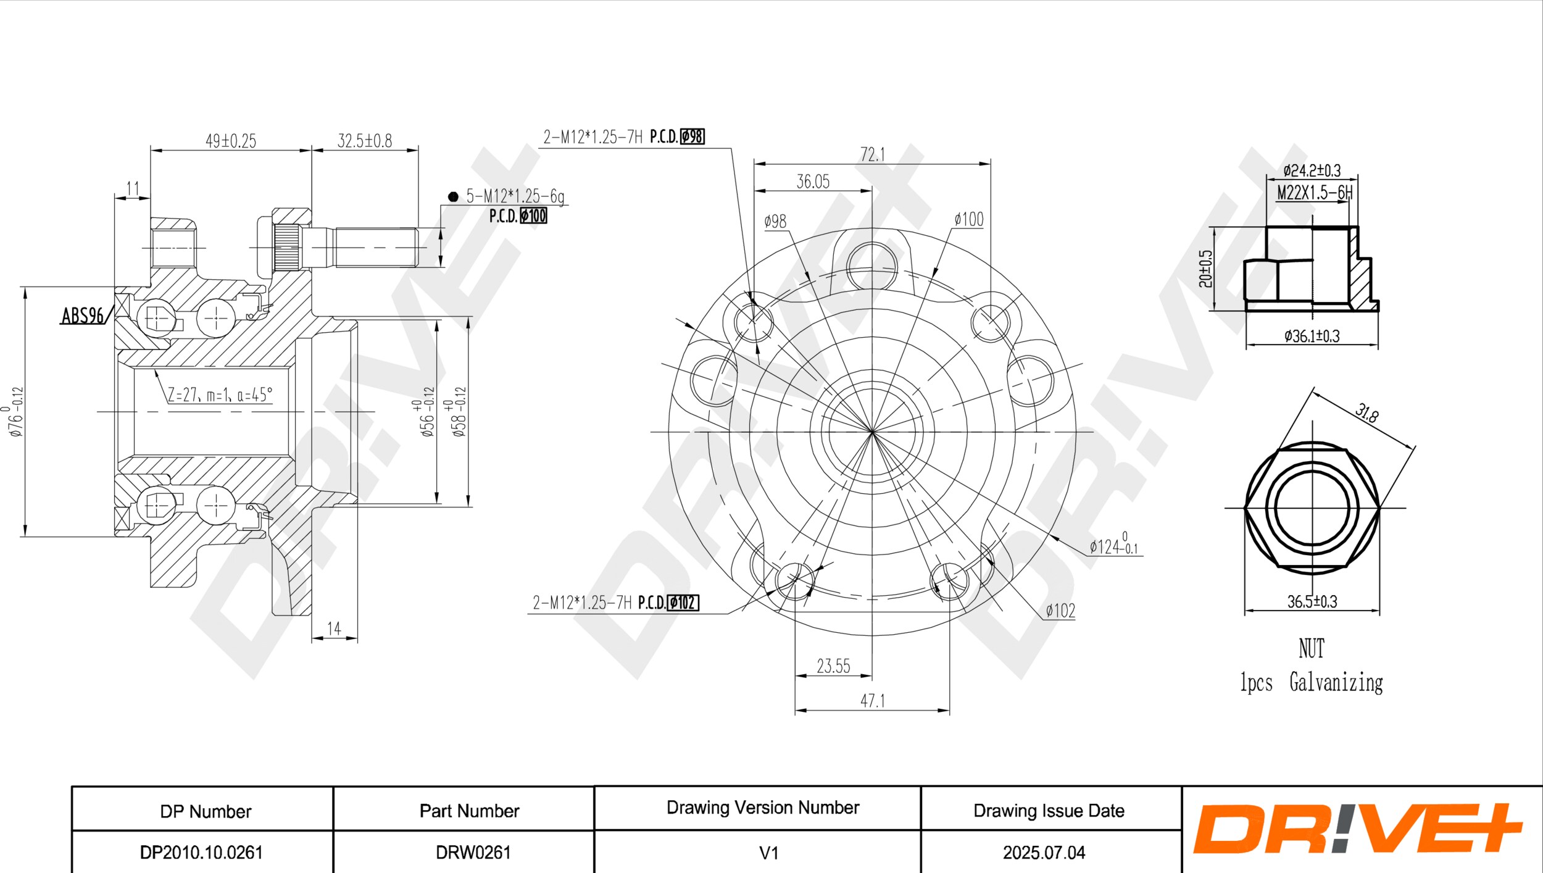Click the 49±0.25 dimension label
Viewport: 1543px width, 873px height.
pos(231,141)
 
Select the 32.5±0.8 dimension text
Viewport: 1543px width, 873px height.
pos(364,141)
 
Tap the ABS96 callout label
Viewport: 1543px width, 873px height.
pos(83,315)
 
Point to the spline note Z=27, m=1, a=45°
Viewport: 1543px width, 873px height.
pos(220,395)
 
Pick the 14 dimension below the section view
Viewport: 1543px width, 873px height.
pos(334,629)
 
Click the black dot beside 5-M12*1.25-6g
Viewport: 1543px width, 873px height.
pos(453,196)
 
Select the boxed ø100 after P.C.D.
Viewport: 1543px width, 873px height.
pos(533,216)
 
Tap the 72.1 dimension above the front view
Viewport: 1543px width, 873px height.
pos(873,154)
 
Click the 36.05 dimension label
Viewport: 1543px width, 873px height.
pos(813,182)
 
